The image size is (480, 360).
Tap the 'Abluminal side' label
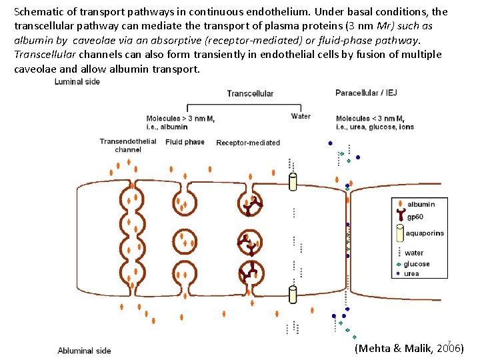85,350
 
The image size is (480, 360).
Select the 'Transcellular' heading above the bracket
250,93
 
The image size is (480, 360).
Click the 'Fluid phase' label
185,141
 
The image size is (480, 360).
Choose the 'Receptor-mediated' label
248,142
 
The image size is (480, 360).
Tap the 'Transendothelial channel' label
128,145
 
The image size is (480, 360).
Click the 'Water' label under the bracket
301,116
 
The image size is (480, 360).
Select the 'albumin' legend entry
421,204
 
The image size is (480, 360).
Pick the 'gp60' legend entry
416,217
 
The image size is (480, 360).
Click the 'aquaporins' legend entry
425,233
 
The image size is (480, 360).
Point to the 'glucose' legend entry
417,264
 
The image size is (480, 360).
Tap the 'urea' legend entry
411,273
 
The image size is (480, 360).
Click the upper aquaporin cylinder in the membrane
293,181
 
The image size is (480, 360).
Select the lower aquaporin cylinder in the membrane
293,294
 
